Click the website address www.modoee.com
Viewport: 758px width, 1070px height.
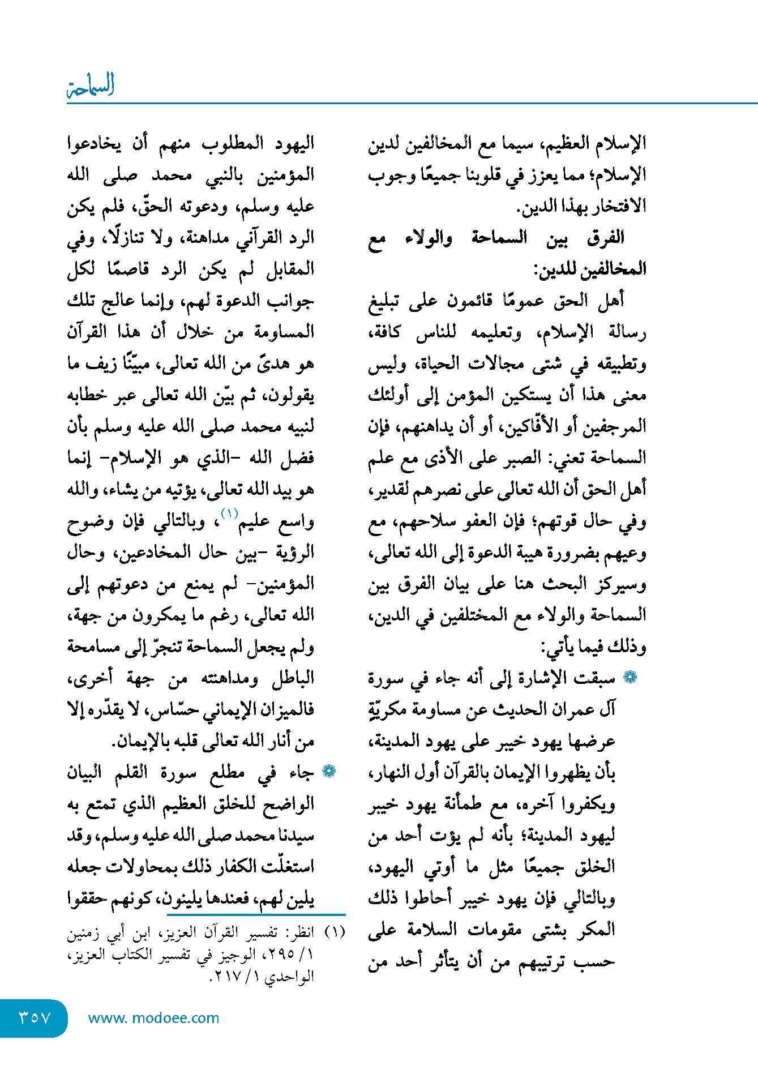click(153, 1018)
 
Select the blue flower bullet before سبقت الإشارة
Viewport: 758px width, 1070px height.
click(629, 677)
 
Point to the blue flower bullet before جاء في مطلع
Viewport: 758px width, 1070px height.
click(329, 771)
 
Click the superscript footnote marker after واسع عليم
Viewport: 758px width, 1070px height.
click(230, 513)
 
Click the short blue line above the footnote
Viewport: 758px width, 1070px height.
click(256, 914)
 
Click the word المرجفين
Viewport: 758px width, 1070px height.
click(614, 426)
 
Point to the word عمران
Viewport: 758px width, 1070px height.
click(567, 709)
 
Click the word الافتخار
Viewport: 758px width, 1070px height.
click(614, 206)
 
